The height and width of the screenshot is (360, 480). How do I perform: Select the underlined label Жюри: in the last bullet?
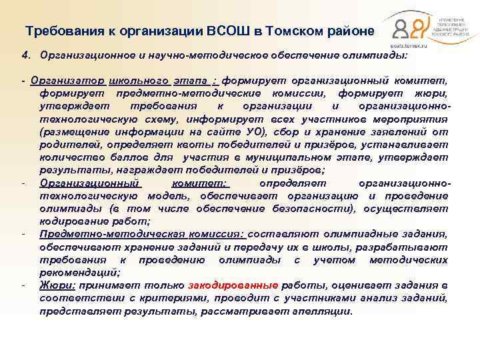click(x=57, y=284)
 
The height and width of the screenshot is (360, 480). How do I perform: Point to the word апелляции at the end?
click(x=323, y=311)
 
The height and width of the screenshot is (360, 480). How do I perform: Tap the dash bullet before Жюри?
click(x=25, y=285)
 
